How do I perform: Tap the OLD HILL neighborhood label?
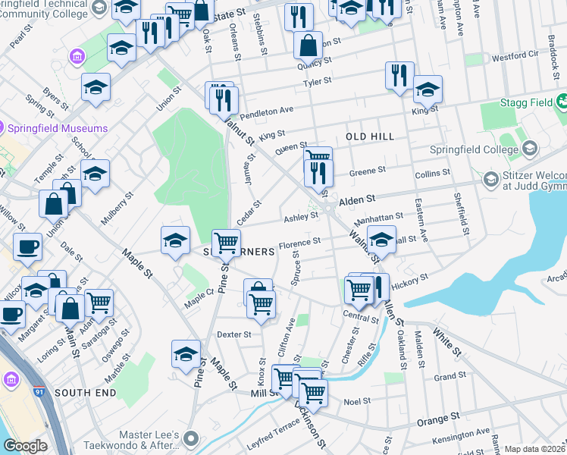coord(370,136)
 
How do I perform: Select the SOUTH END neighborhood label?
coord(85,393)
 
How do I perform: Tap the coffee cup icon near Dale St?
coord(28,246)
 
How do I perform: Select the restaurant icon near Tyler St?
coord(399,76)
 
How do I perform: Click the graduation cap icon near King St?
coord(428,91)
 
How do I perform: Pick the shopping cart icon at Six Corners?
coord(226,243)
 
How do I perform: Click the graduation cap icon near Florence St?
coord(381,239)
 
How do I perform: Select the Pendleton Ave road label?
coord(266,113)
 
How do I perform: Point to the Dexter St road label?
coord(233,334)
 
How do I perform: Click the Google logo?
coord(25,446)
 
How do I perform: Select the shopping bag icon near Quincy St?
coord(309,45)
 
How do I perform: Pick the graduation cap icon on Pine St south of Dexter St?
coord(186,354)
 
